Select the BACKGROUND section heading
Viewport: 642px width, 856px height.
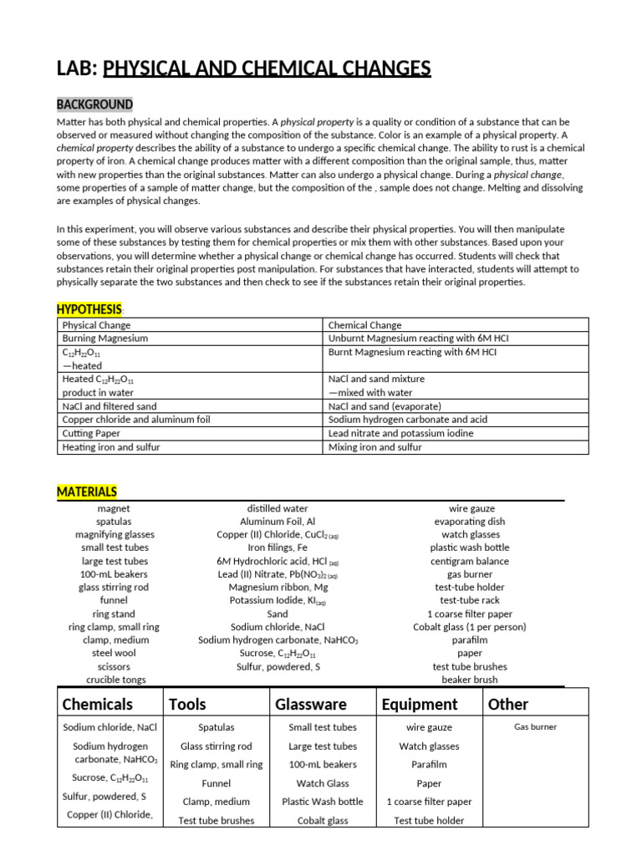(94, 104)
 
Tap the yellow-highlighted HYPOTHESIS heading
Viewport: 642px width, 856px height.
(89, 309)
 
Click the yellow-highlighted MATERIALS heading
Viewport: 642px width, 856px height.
(87, 492)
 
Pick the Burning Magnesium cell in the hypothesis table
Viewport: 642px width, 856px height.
(105, 339)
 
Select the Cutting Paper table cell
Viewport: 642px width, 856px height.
(91, 434)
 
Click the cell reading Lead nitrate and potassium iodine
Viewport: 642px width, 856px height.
(400, 434)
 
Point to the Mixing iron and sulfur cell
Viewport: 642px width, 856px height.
(374, 447)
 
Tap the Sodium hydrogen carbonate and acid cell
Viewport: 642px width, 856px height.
(407, 420)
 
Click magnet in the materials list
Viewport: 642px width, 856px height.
(114, 508)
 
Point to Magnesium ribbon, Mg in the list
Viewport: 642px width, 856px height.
(278, 587)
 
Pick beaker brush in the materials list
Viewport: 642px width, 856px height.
(470, 680)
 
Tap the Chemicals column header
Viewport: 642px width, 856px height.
(98, 704)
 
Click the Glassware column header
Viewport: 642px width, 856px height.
(311, 704)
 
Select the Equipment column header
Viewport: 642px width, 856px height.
(420, 704)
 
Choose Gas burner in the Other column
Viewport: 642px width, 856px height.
(535, 727)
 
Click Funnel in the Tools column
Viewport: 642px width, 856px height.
(217, 783)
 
